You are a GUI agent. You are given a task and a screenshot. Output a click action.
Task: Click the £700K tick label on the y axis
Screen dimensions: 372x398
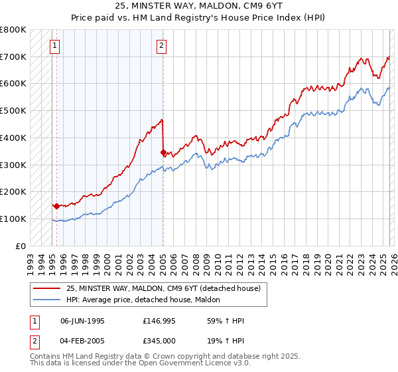coord(13,57)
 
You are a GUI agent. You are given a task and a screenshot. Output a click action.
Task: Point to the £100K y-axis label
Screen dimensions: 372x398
coord(13,219)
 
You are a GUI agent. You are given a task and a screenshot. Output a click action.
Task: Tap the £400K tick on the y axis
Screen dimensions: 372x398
coord(13,138)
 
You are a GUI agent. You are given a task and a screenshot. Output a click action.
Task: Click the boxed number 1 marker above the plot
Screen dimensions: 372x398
coord(54,46)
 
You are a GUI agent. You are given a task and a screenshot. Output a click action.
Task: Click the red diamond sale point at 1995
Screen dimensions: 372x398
coord(56,206)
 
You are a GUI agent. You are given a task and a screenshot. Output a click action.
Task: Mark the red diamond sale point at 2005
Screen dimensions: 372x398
coord(163,152)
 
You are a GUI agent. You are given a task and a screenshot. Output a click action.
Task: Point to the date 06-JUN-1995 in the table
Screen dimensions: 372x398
coord(82,321)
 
